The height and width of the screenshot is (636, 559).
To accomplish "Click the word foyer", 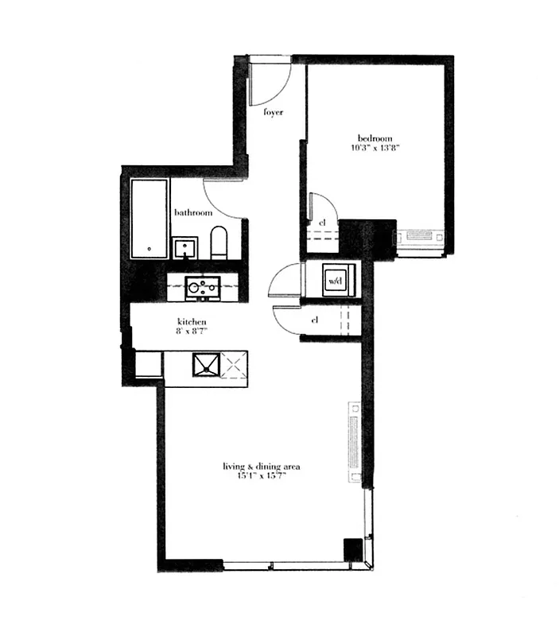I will click(x=274, y=113).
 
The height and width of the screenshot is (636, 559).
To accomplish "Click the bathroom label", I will click(x=193, y=213).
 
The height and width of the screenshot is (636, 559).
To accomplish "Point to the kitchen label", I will click(x=192, y=322).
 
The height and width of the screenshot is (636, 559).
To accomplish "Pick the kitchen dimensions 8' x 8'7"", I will click(x=192, y=333).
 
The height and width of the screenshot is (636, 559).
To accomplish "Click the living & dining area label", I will click(x=261, y=466).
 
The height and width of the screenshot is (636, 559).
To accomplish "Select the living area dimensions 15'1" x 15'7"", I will click(x=261, y=477).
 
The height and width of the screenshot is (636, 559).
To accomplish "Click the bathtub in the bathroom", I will click(x=149, y=218).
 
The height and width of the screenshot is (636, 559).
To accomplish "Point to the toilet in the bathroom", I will click(x=219, y=242).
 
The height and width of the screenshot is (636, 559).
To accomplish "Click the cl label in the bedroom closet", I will click(x=322, y=223).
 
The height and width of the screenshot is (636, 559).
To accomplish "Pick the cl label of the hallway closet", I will click(x=316, y=320).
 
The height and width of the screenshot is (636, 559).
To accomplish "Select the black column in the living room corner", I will click(x=352, y=549).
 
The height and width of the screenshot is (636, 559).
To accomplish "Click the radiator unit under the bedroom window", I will click(x=421, y=236).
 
